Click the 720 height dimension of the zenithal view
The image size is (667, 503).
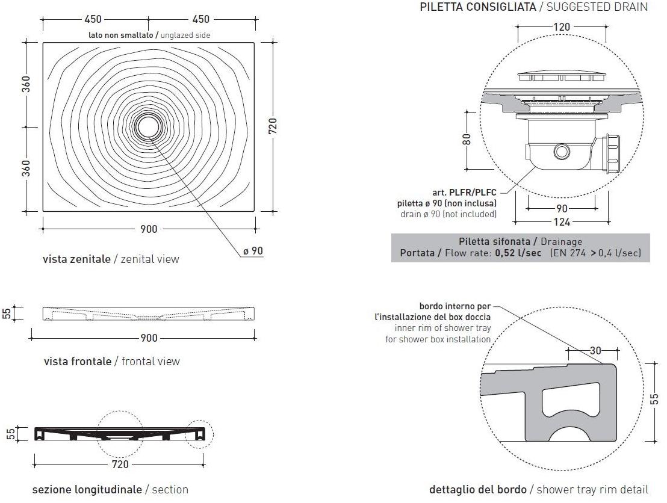pyautogui.click(x=273, y=126)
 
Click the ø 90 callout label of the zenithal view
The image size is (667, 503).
pyautogui.click(x=253, y=251)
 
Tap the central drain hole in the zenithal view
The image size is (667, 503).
pyautogui.click(x=149, y=126)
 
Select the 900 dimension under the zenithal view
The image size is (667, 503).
pyautogui.click(x=149, y=229)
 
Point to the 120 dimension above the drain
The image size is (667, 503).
pyautogui.click(x=562, y=27)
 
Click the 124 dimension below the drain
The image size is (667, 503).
pyautogui.click(x=562, y=221)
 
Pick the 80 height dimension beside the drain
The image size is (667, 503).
pyautogui.click(x=467, y=140)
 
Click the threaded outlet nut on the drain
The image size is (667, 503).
pyautogui.click(x=611, y=154)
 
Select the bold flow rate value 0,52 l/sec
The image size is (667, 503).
pyautogui.click(x=518, y=253)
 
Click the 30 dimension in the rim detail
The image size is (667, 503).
pyautogui.click(x=595, y=350)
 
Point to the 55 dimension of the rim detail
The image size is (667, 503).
pyautogui.click(x=655, y=399)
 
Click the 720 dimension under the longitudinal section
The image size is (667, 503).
pyautogui.click(x=120, y=464)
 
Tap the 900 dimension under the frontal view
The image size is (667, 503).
pyautogui.click(x=149, y=338)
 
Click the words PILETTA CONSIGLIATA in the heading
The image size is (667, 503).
pyautogui.click(x=478, y=7)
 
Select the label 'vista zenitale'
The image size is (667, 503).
pyautogui.click(x=76, y=259)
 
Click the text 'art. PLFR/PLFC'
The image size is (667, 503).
pyautogui.click(x=464, y=193)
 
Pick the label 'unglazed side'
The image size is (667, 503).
pyautogui.click(x=185, y=35)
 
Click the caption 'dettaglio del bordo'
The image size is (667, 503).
pyautogui.click(x=478, y=489)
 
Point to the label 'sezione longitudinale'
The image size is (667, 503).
pyautogui.click(x=87, y=489)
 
